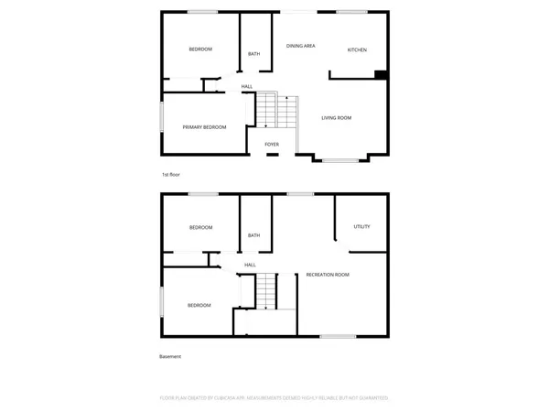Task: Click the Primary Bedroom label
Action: coord(204,127)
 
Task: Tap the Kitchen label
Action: coord(357,49)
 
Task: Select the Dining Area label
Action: coord(301,45)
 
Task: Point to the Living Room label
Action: coord(336,118)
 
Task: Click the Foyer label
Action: coord(272,145)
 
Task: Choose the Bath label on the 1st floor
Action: coord(253,54)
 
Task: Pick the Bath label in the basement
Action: coord(253,235)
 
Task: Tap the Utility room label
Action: coord(361,226)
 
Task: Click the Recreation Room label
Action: coord(328,275)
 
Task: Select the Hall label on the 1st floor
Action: coord(247,87)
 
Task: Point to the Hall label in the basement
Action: coord(250,266)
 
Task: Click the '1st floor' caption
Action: coord(170,174)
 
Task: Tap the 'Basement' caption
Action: coord(171,357)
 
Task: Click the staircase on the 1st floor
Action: coord(276,111)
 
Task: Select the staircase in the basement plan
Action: coord(265,292)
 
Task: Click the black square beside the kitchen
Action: coord(382,75)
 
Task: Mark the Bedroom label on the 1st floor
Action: coord(200,49)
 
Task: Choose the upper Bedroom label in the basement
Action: coord(200,227)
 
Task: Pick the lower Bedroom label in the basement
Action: coord(199,305)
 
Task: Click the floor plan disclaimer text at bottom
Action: coord(274,398)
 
